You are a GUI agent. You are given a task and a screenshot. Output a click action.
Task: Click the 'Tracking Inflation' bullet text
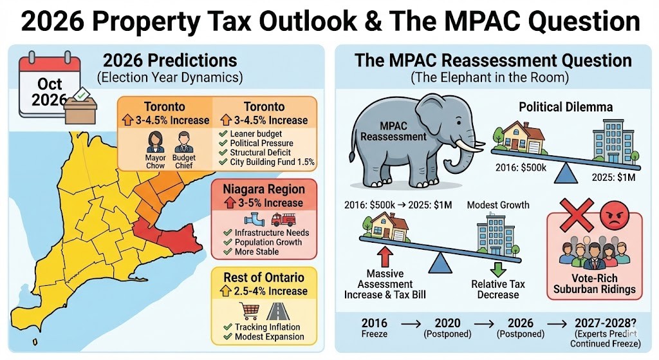270,327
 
